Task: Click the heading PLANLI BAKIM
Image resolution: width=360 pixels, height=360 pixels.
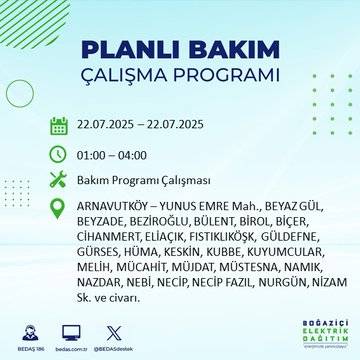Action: point(179,51)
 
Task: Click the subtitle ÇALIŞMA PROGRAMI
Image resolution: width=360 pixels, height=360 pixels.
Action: point(179,77)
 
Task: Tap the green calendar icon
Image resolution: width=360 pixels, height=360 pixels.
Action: point(59,126)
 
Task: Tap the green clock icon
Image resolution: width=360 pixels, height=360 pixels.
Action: point(59,154)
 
